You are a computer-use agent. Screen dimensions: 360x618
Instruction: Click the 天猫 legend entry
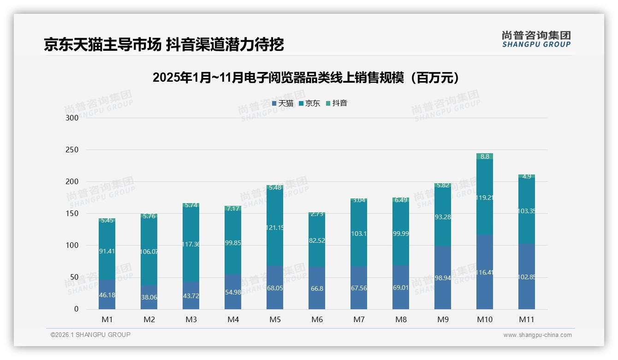[283, 103]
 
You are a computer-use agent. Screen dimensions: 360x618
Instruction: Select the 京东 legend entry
[309, 103]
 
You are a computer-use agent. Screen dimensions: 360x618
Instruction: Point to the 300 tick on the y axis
[72, 118]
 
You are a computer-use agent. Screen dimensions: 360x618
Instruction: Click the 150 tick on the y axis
[72, 214]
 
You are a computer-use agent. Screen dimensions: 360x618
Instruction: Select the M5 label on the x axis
[275, 320]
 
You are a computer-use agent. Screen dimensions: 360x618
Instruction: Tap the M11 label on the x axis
[526, 320]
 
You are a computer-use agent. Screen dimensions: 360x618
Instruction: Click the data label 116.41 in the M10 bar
[485, 273]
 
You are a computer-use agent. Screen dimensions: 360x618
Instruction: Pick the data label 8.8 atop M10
[485, 157]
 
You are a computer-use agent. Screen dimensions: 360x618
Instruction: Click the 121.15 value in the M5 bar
[275, 228]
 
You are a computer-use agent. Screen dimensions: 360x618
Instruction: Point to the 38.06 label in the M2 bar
[149, 298]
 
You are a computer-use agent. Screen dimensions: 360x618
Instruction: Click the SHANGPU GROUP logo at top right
[536, 39]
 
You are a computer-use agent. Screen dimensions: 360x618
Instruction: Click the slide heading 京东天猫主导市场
[164, 44]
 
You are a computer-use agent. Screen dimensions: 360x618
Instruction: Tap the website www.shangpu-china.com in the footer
[537, 335]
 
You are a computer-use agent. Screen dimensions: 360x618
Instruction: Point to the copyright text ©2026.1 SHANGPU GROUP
[90, 335]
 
